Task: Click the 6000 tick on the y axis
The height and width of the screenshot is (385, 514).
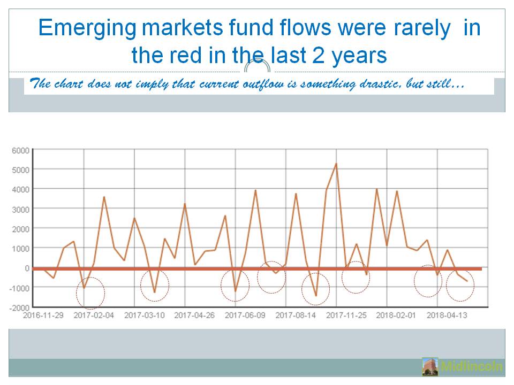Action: point(21,151)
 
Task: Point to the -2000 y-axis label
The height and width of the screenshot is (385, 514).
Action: point(19,308)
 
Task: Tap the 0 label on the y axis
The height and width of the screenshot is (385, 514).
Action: point(27,268)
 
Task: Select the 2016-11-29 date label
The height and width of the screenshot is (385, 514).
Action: point(43,315)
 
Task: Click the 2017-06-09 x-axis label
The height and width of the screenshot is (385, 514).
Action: point(245,315)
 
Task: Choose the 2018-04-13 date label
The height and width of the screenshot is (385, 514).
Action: point(447,315)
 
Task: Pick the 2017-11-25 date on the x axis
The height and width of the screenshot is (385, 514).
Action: point(346,315)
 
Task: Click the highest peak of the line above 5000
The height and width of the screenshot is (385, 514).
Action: point(336,164)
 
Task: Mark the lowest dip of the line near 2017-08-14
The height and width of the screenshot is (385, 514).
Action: point(316,296)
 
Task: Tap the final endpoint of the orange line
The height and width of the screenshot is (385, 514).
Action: point(467,281)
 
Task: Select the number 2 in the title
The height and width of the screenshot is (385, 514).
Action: point(318,55)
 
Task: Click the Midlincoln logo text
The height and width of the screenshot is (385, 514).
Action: point(471,366)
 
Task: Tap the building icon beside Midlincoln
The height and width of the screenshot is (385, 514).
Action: point(430,366)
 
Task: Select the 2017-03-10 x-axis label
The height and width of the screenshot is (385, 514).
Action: point(144,315)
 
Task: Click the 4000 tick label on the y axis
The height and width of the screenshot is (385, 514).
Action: point(21,189)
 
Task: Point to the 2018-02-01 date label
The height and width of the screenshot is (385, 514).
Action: point(396,315)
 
